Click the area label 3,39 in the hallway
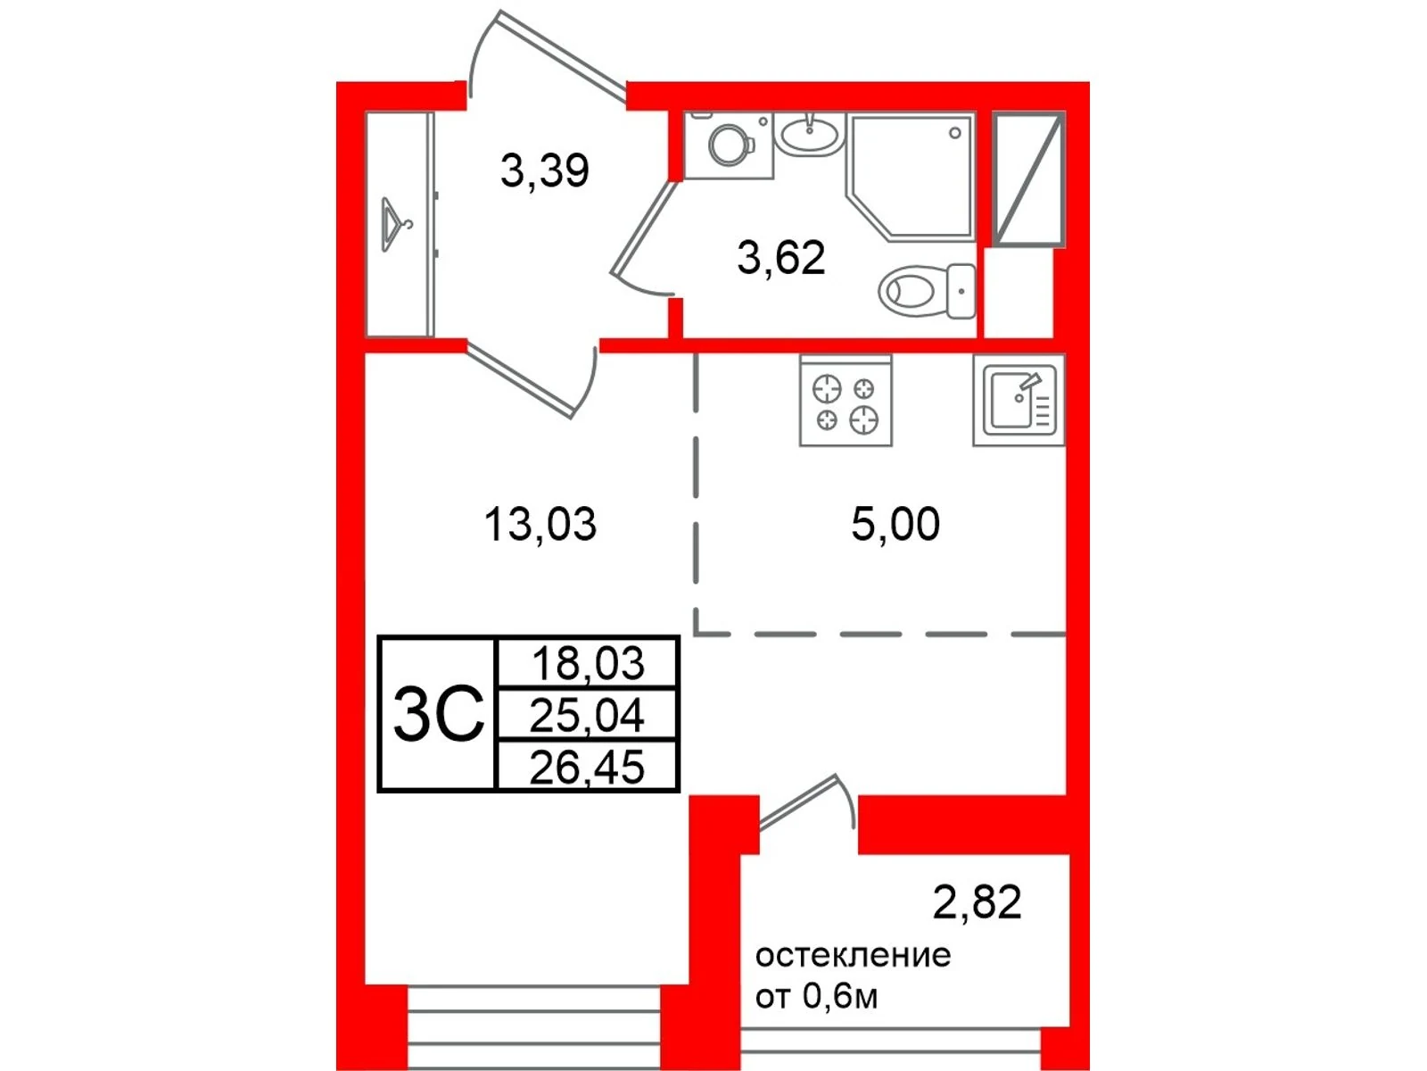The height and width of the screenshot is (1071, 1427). click(545, 171)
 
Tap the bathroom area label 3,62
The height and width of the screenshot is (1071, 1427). click(781, 258)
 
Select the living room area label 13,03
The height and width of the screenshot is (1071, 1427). click(540, 525)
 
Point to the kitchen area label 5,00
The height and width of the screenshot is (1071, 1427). click(895, 524)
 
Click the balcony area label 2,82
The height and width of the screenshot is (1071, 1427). click(977, 902)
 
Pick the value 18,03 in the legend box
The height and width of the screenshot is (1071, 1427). click(588, 662)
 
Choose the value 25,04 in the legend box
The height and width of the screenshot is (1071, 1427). click(587, 715)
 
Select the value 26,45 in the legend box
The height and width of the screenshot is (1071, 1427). click(587, 767)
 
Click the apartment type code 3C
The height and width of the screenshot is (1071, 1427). click(439, 715)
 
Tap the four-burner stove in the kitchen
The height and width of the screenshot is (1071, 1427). click(845, 401)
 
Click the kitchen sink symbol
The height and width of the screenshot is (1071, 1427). click(1019, 401)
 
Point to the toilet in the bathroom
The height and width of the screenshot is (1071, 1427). click(927, 291)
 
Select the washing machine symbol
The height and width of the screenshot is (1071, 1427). click(729, 145)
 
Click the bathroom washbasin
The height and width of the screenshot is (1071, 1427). click(810, 135)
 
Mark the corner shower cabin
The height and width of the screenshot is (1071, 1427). click(911, 176)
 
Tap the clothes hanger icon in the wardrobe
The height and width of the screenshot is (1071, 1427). click(394, 225)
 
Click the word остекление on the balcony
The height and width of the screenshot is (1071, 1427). click(853, 956)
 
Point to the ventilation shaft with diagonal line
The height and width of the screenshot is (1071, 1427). click(1028, 178)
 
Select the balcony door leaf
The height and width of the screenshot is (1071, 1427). click(797, 802)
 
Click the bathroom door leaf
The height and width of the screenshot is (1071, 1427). click(645, 228)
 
